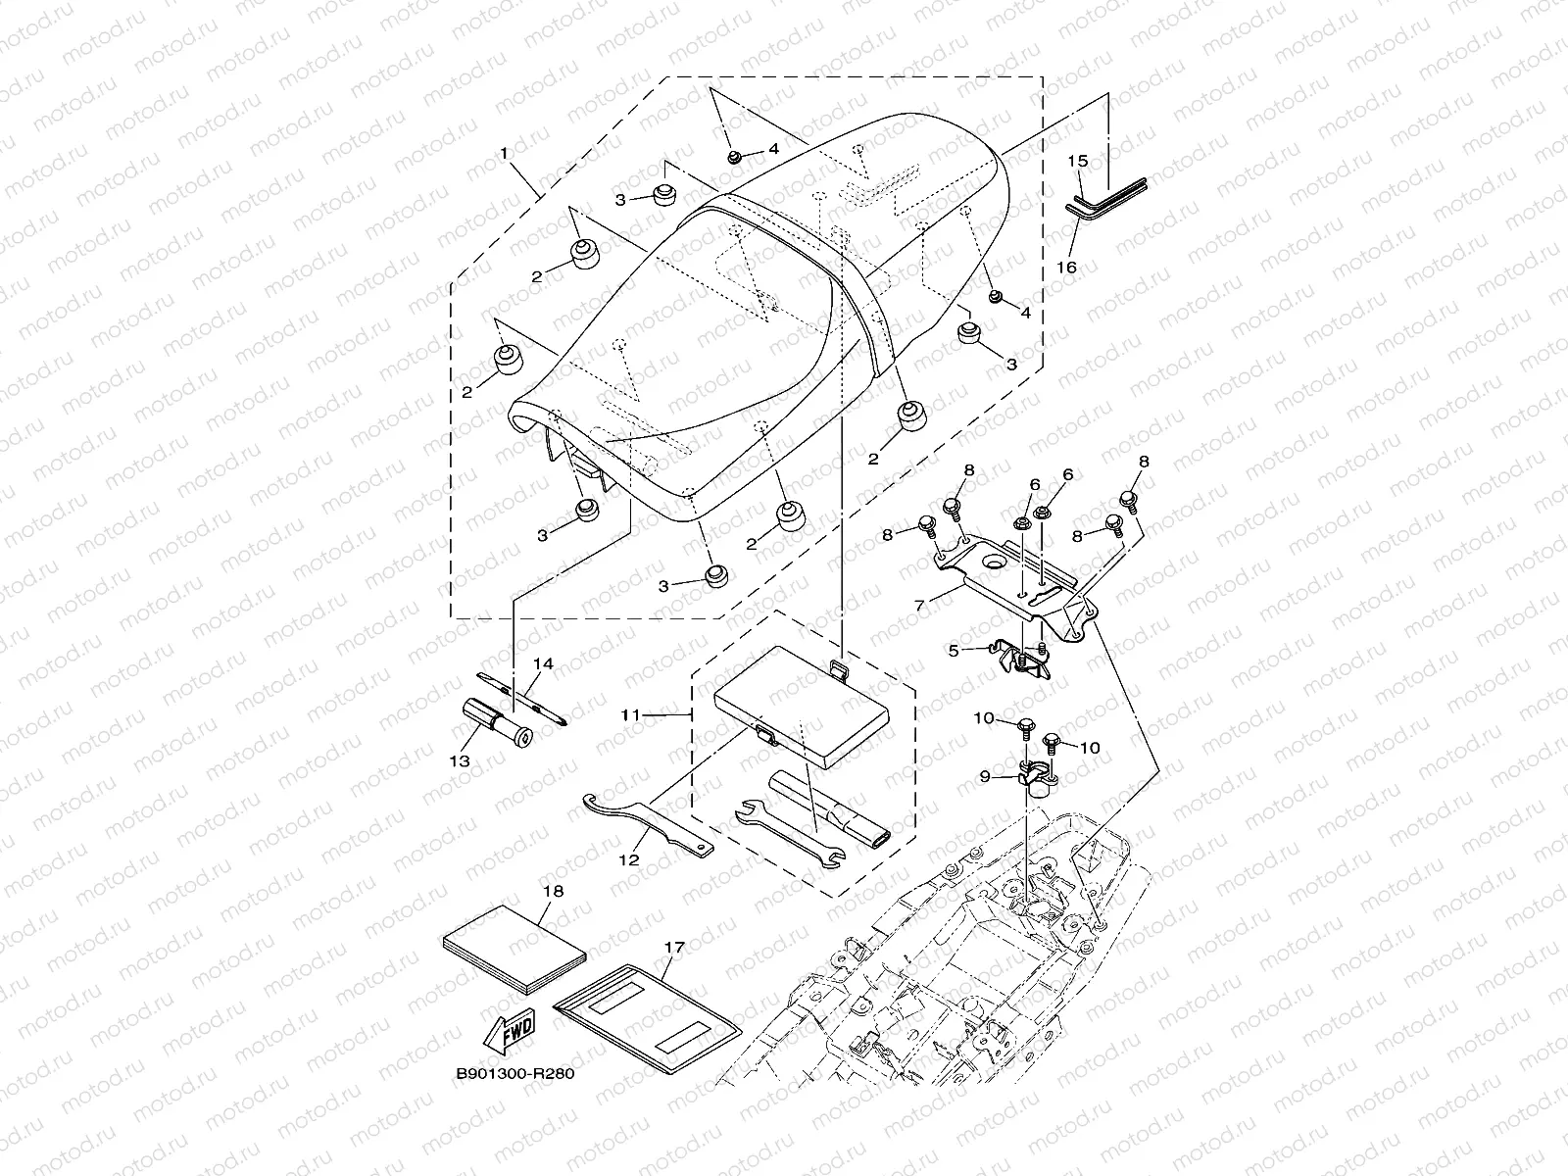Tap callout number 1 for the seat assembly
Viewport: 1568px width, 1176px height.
tap(505, 154)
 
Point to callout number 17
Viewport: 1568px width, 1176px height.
tap(674, 948)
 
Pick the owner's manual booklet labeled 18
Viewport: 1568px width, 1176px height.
tap(514, 946)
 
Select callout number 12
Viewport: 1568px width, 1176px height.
tap(628, 859)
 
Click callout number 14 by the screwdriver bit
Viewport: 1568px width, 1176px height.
tap(542, 664)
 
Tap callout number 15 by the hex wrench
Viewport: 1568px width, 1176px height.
tap(1078, 160)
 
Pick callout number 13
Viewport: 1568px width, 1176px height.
tap(460, 760)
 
